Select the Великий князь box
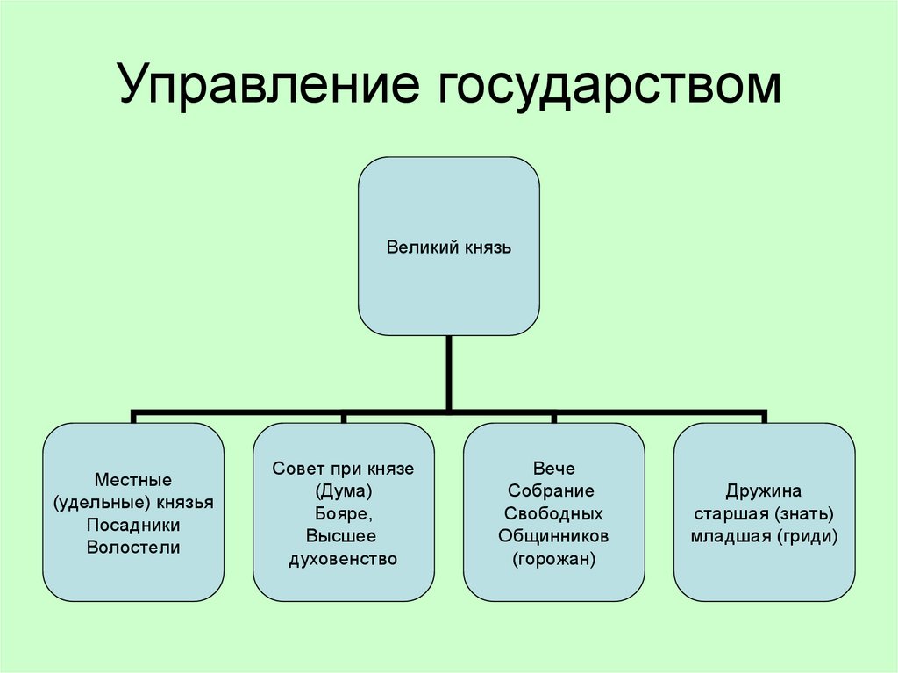pyautogui.click(x=448, y=246)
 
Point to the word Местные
pyautogui.click(x=132, y=480)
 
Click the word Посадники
pyautogui.click(x=133, y=525)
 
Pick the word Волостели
pyautogui.click(x=133, y=548)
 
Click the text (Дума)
pyautogui.click(x=343, y=491)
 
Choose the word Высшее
pyautogui.click(x=342, y=536)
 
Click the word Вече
pyautogui.click(x=553, y=469)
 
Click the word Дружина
pyautogui.click(x=764, y=490)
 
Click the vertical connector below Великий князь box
pyautogui.click(x=448, y=372)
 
